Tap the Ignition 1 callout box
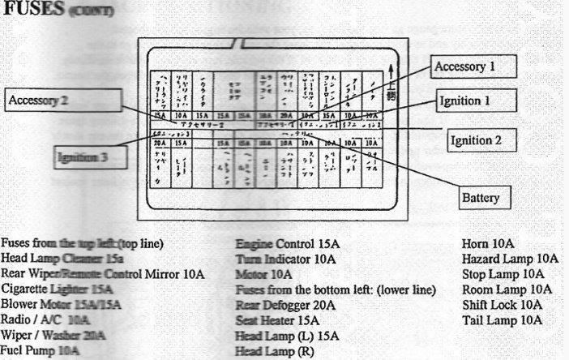point(476,102)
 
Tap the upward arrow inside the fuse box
point(392,71)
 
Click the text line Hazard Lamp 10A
point(510,258)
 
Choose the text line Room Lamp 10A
point(507,289)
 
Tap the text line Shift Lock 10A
point(502,304)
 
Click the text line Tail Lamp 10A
point(502,319)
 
